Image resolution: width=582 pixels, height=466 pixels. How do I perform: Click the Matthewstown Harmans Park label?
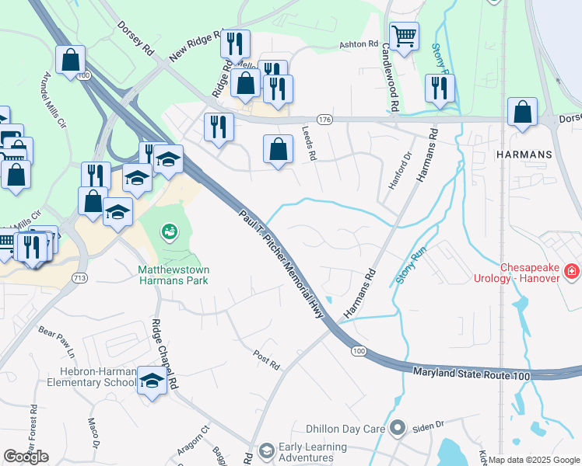pos(174,275)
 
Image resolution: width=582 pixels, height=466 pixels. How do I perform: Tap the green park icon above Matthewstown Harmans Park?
pos(168,231)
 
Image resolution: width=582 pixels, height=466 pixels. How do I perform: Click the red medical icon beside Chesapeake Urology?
pos(572,271)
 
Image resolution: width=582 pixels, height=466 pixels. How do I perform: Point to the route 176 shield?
pos(324,120)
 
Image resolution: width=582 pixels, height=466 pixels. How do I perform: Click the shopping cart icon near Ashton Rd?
pos(404,36)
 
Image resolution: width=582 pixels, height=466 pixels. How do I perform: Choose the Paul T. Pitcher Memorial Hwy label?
pos(283,260)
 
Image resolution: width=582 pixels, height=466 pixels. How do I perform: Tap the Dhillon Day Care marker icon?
pos(398,427)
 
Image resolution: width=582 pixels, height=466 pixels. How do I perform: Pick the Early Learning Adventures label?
pos(314,452)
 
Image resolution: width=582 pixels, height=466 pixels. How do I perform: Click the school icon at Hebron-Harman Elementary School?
pos(152,381)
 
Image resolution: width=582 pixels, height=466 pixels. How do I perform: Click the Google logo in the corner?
pos(26,457)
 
